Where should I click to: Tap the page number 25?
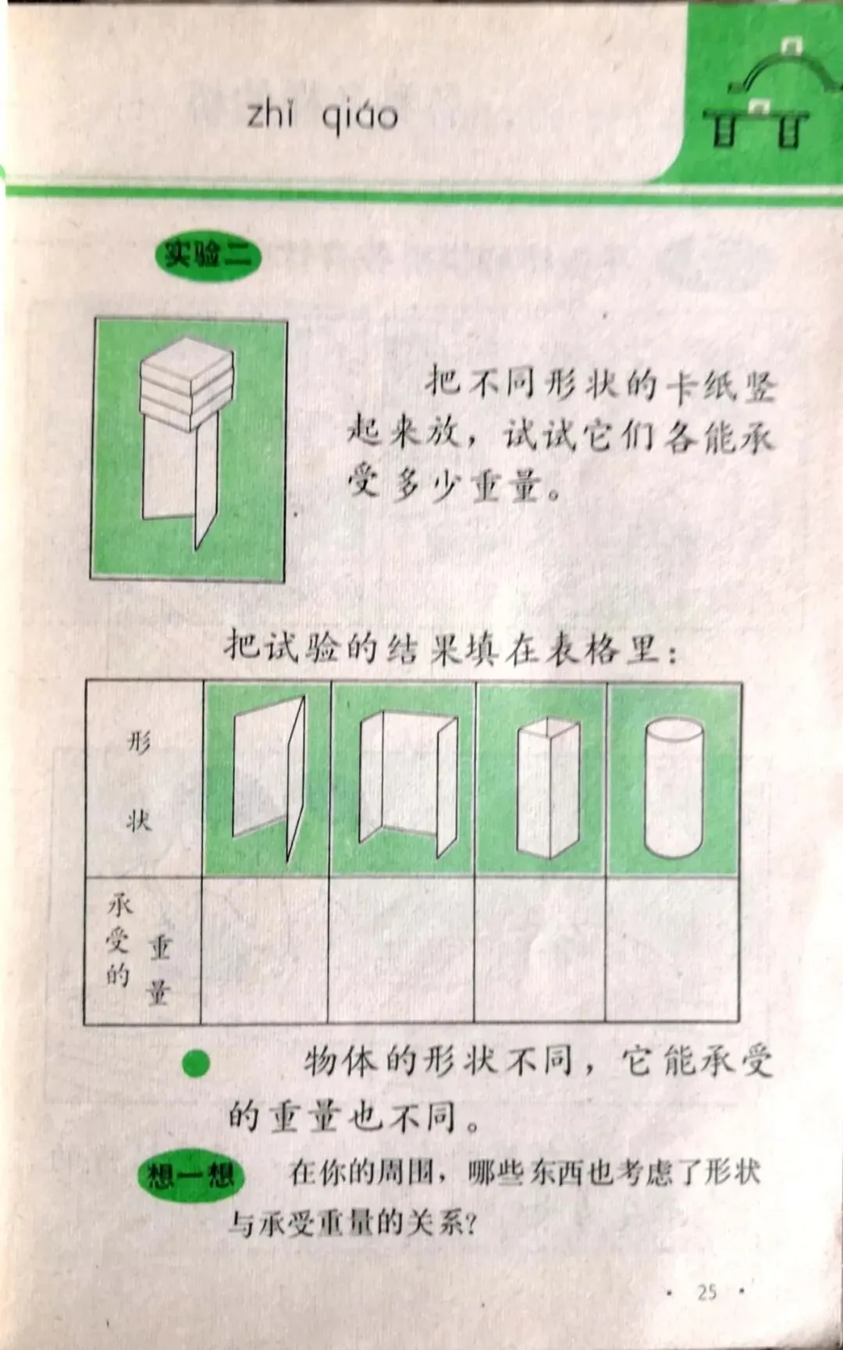click(707, 1292)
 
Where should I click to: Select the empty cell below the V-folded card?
click(265, 949)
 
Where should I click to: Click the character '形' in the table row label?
click(139, 741)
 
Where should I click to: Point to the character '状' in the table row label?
click(139, 820)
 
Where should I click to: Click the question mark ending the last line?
click(468, 1224)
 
